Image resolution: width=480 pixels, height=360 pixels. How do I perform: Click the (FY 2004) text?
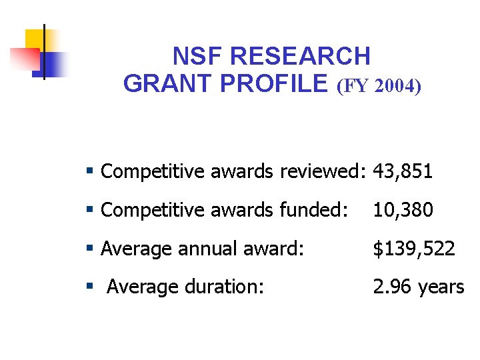[x=379, y=85]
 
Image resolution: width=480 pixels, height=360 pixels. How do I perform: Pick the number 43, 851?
[x=403, y=172]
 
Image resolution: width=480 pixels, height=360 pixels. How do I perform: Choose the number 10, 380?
[x=403, y=211]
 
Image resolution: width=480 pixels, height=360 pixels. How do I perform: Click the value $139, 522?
[x=414, y=249]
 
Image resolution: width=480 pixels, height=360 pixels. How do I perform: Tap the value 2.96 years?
[x=419, y=287]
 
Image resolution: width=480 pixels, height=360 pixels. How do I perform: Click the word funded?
[x=313, y=211]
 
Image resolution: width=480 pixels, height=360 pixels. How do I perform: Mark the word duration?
[x=225, y=287]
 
